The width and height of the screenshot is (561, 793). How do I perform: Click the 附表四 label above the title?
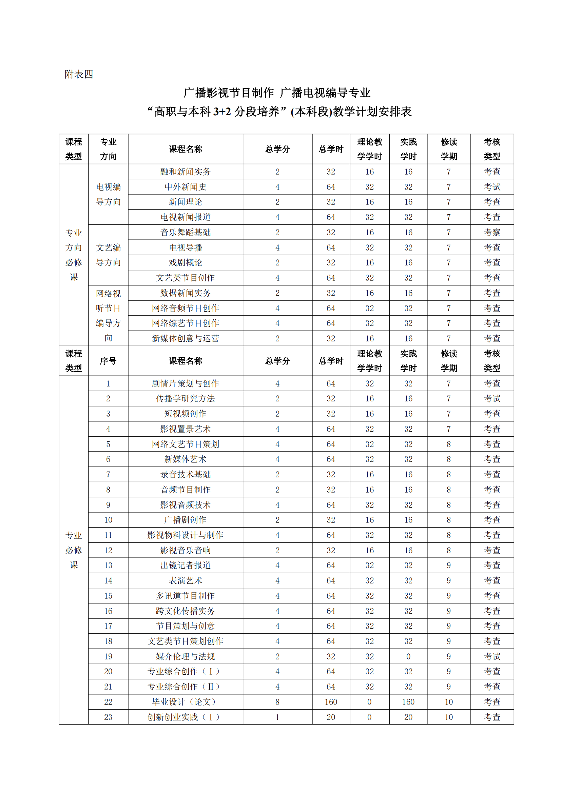click(79, 74)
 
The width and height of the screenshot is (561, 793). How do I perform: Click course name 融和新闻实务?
click(186, 172)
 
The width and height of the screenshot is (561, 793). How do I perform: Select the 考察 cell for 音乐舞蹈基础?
click(491, 233)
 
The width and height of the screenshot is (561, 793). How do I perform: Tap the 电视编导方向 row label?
click(108, 194)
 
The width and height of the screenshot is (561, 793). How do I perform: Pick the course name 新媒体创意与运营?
click(186, 338)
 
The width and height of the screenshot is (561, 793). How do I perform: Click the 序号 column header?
click(108, 361)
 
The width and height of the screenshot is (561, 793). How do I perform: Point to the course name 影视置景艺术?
click(186, 429)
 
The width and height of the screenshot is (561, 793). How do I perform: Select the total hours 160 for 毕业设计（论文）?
click(331, 702)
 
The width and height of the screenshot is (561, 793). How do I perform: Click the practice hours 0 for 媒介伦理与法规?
click(408, 657)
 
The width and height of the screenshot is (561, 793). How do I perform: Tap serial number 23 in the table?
click(108, 717)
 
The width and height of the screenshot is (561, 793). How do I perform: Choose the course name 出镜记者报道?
click(186, 566)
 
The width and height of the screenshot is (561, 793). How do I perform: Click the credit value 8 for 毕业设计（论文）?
click(277, 702)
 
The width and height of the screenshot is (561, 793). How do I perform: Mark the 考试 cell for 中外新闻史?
click(491, 187)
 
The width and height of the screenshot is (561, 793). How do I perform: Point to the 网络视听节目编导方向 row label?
click(108, 316)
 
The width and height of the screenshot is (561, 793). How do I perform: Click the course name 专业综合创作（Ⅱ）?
click(186, 687)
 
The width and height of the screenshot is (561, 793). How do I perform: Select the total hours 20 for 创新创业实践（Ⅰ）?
click(331, 717)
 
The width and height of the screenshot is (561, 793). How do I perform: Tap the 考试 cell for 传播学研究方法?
click(491, 399)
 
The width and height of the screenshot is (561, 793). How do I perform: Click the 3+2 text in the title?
click(222, 112)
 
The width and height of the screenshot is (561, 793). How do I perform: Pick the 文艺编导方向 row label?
click(108, 255)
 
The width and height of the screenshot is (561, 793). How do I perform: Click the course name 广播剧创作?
click(186, 520)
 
